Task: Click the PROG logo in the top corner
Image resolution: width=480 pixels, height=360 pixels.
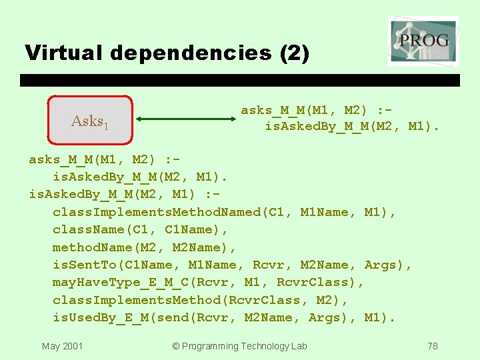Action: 423,40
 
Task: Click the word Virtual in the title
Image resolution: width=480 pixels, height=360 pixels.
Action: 65,53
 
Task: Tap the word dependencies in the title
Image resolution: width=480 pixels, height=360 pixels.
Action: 190,53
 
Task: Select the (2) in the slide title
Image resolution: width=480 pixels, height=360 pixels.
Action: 293,53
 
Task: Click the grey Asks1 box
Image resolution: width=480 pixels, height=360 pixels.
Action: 91,121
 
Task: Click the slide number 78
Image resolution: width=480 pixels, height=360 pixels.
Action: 433,346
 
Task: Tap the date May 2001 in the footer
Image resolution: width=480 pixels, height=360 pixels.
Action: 62,346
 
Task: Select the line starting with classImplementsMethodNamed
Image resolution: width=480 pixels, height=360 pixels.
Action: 225,212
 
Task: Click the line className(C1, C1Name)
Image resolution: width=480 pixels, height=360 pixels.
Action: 141,229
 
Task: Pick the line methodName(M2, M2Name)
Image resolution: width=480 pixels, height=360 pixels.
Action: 145,247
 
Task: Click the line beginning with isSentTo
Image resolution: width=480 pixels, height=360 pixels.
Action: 233,265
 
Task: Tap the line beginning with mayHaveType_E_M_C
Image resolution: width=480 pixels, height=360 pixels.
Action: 209,282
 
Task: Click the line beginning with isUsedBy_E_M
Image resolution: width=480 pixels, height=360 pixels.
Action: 225,317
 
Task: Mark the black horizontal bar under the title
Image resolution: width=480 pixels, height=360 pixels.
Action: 240,81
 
